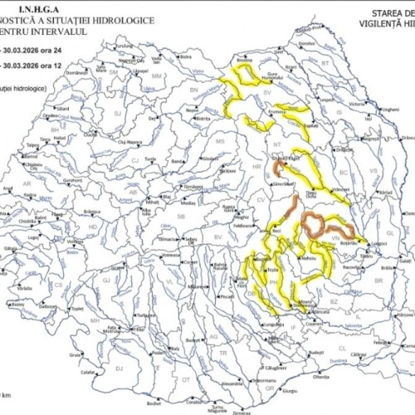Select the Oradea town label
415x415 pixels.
33,143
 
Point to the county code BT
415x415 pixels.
325,63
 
